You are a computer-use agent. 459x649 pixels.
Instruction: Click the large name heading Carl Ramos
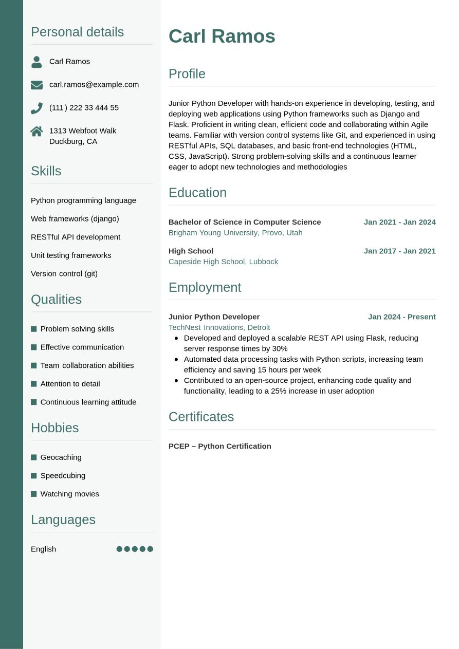222,36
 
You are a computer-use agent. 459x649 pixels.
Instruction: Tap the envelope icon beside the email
36,85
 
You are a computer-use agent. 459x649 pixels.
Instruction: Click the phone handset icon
36,108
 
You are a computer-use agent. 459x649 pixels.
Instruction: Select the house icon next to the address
36,132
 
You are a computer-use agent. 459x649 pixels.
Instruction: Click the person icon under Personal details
36,62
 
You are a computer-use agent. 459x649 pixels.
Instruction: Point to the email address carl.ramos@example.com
94,84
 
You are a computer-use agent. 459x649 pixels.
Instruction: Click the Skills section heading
46,171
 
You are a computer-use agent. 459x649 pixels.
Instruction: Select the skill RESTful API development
76,237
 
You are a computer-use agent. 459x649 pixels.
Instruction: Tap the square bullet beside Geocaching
34,457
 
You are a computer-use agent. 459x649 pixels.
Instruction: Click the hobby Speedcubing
63,475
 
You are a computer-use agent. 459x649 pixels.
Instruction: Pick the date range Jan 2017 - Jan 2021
399,251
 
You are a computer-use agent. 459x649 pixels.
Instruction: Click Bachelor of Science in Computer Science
245,222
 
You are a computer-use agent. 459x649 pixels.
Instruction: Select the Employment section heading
205,287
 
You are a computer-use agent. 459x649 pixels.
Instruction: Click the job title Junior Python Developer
214,317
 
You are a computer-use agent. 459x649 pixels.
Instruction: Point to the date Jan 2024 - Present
401,317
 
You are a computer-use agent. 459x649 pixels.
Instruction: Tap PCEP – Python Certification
219,446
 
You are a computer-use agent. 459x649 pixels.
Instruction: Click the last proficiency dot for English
150,549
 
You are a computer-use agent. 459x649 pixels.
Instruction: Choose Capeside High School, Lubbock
223,262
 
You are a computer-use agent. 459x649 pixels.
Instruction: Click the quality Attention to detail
70,384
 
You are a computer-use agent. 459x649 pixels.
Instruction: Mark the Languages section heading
63,520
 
